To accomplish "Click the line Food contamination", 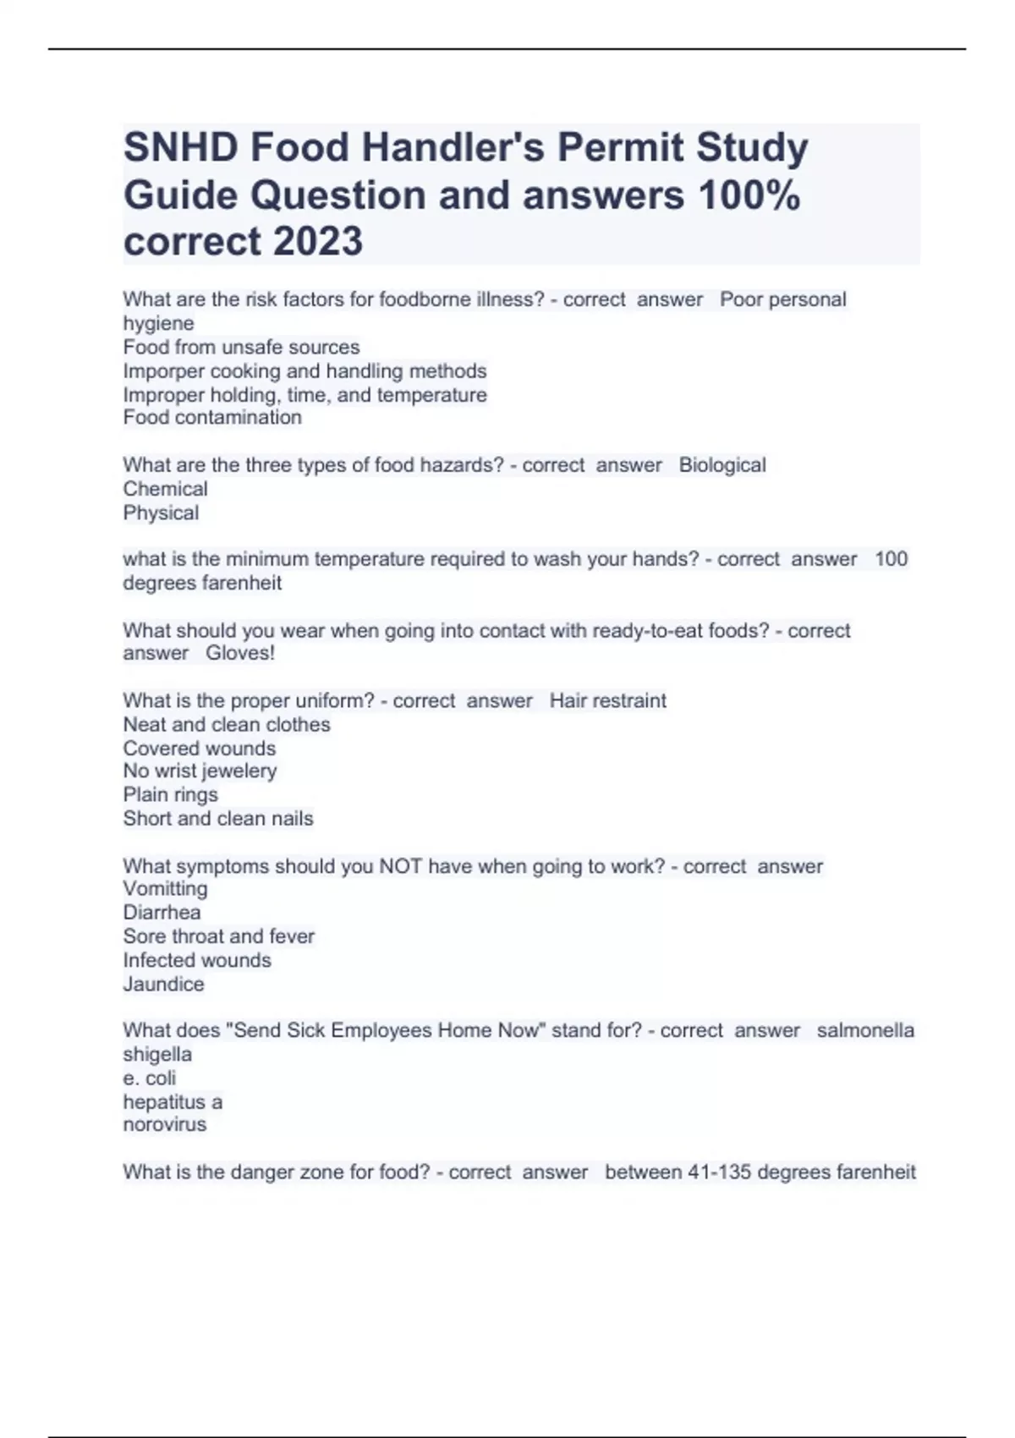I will (x=212, y=418).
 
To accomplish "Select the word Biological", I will (x=722, y=465).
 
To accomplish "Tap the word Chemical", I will (x=165, y=489).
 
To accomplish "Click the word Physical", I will (x=161, y=513).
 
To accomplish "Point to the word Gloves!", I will (x=240, y=653).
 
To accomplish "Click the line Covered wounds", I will (x=199, y=749).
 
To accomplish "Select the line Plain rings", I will (x=170, y=795).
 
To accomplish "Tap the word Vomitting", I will (x=165, y=889).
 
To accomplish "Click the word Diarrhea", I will (x=162, y=913).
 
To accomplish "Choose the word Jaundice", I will (x=163, y=985).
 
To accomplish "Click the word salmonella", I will (x=865, y=1031).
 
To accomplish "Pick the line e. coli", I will (x=150, y=1078).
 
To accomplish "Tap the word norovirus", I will (x=164, y=1125).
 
